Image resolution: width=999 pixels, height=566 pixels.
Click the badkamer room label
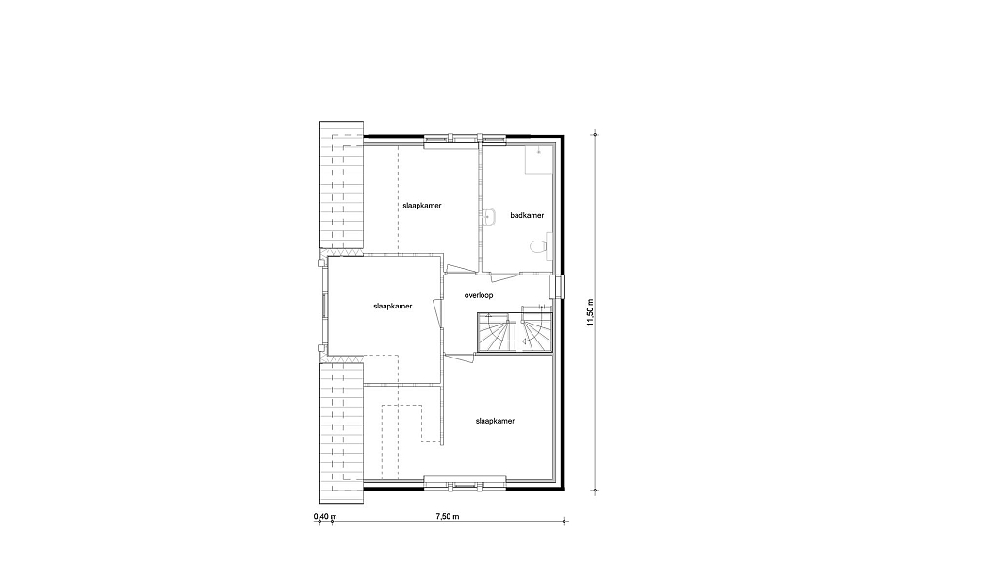tap(527, 215)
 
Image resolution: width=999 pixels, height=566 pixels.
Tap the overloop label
tap(479, 296)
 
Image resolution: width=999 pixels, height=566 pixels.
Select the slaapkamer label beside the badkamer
tap(422, 206)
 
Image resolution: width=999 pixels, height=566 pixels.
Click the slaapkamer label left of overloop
tap(392, 306)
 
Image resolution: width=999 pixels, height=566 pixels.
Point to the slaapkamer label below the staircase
tap(495, 422)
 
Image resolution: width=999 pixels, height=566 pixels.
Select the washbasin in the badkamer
tap(489, 217)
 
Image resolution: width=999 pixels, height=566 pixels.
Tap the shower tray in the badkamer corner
tap(539, 159)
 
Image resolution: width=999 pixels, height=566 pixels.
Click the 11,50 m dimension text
tap(590, 313)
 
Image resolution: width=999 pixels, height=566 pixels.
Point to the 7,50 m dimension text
tap(448, 516)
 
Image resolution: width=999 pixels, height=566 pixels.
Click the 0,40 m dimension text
tap(325, 516)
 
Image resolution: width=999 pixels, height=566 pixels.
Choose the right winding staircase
tap(536, 329)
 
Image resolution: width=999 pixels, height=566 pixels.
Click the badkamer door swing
tap(504, 276)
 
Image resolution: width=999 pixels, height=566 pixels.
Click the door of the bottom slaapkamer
tap(459, 358)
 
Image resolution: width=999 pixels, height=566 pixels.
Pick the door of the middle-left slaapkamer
tap(437, 315)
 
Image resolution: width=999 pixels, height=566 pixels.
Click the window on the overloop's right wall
tap(559, 286)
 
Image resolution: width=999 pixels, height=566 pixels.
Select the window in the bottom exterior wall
tap(465, 485)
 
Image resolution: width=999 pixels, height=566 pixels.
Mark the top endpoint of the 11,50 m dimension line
tap(596, 135)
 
